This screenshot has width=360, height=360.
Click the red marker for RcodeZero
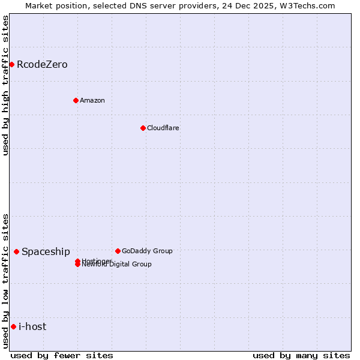point(11,64)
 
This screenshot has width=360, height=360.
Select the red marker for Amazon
point(76,100)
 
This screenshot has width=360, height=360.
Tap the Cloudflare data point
point(143,128)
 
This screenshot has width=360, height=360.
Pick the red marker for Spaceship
point(16,251)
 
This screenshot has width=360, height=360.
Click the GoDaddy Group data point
point(118,251)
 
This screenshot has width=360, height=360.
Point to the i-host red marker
point(13,326)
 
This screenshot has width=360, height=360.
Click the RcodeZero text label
point(42,64)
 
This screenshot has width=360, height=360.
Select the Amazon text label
point(92,100)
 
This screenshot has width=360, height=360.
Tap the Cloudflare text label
point(163,128)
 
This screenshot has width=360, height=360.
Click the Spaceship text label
point(46,251)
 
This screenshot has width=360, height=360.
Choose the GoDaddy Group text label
point(147,251)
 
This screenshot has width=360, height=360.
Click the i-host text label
point(32,326)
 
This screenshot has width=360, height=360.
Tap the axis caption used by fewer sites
point(62,355)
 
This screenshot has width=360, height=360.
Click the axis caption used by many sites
point(301,355)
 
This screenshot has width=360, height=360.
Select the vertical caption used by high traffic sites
point(5,85)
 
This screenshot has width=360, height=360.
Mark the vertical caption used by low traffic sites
point(5,280)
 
